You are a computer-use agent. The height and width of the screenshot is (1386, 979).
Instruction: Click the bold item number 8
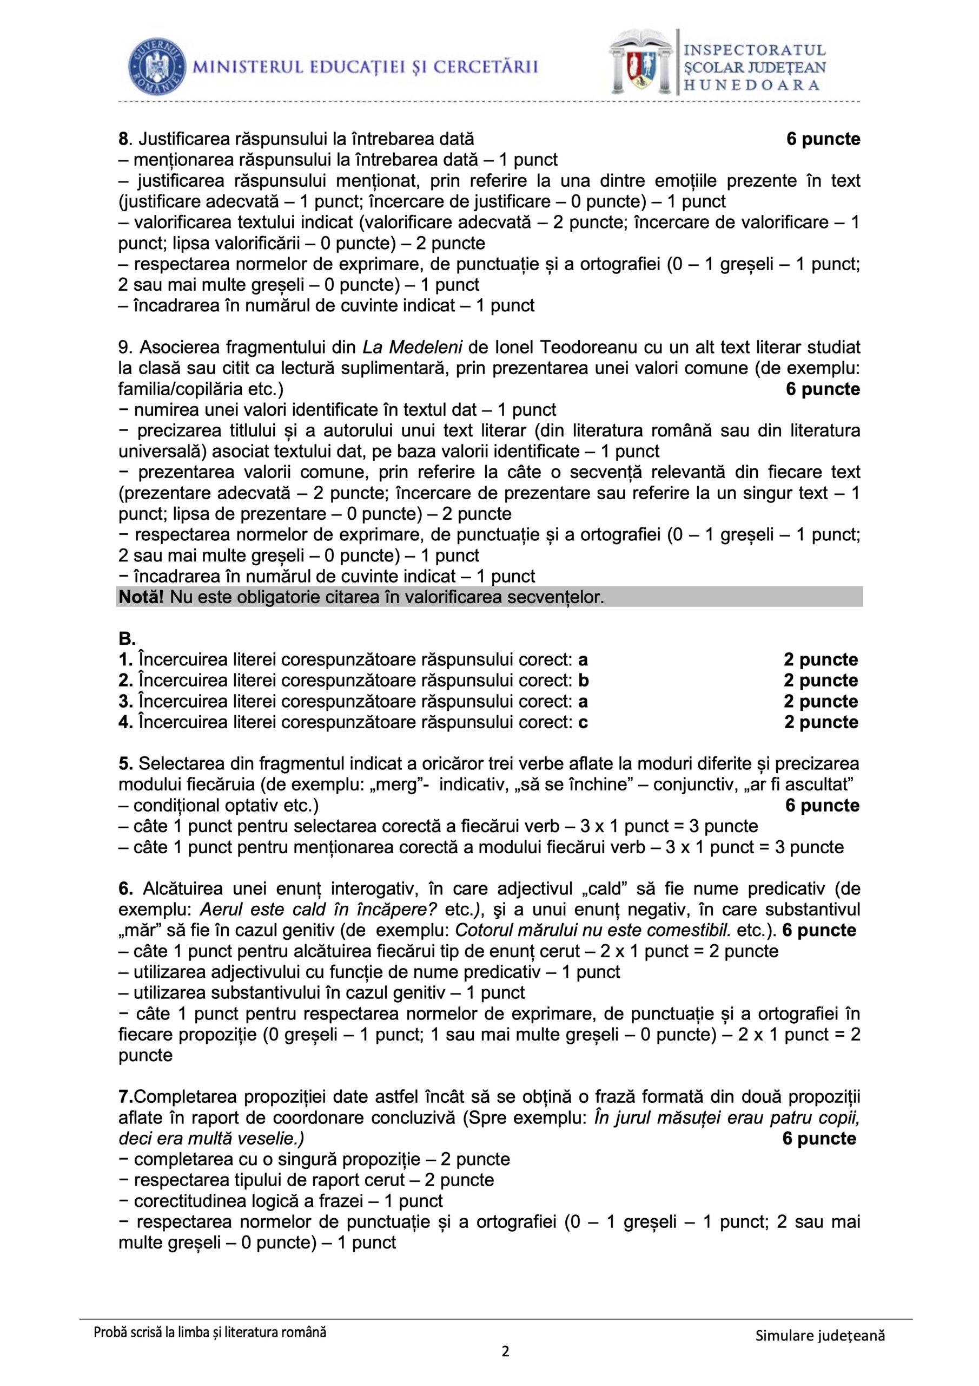(123, 140)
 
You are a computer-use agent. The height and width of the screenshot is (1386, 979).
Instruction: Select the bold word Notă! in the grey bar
(141, 598)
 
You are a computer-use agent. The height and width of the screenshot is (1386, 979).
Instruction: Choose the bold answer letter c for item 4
(583, 723)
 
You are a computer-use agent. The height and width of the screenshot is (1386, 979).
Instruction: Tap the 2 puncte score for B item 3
(821, 702)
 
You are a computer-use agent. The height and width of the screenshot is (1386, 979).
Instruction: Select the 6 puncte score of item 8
(823, 140)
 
